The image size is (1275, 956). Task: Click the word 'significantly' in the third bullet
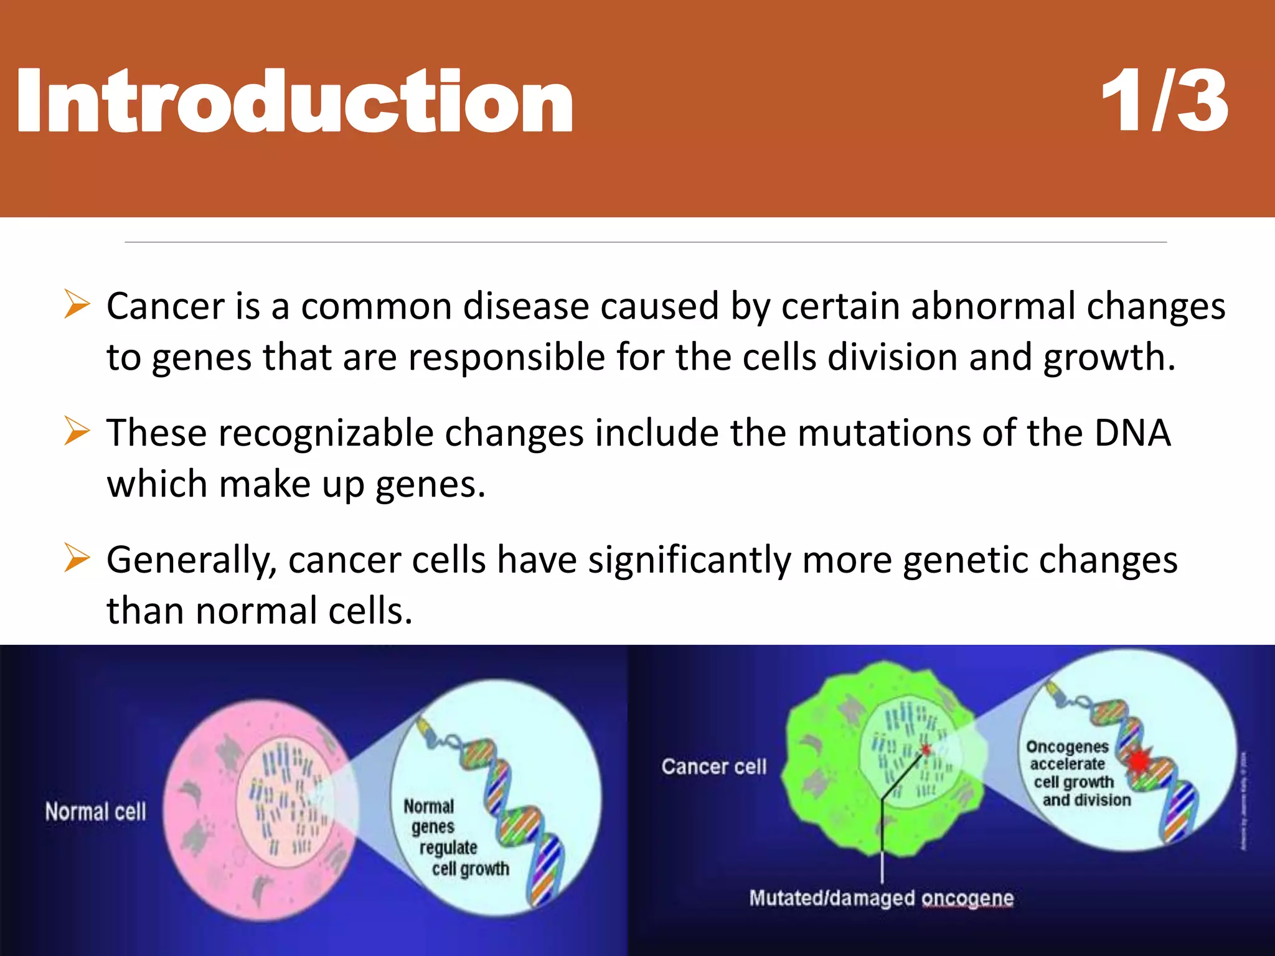(x=689, y=560)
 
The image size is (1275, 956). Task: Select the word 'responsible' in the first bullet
(x=506, y=357)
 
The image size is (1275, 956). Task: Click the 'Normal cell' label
(x=95, y=812)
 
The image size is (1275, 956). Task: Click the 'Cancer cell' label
(x=713, y=767)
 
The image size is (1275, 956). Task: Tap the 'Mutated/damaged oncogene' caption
(x=881, y=898)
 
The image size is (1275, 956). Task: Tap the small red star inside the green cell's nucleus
(x=926, y=749)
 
